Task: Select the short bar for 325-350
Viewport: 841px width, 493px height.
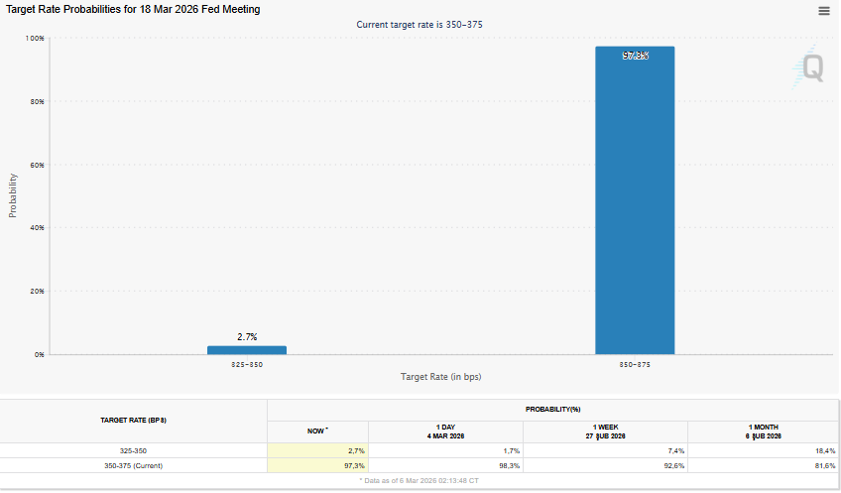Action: pos(247,349)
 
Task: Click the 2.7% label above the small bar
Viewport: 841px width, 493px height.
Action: pos(247,337)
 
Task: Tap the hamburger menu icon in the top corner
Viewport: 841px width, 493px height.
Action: pos(824,11)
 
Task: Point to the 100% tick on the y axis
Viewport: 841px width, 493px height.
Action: pos(35,38)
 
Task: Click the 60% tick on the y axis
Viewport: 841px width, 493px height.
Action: pos(37,165)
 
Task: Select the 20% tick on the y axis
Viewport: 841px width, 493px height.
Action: pos(37,291)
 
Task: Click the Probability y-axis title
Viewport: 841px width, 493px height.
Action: pos(13,195)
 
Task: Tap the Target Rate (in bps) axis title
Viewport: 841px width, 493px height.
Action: pos(441,377)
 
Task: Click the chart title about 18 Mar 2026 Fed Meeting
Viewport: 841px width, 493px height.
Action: pos(133,10)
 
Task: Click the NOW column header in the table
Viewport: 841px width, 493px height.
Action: pos(317,431)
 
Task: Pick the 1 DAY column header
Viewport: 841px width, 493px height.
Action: pos(445,431)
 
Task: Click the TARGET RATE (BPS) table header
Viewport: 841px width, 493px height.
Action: pos(134,421)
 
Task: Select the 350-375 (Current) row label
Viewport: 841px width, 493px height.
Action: pos(134,465)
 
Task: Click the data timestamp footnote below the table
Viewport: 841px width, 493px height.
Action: pos(419,480)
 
